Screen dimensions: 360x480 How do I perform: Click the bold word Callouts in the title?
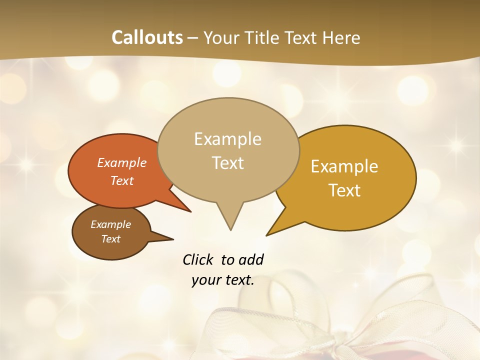pos(147,37)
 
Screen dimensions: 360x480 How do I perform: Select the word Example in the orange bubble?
pos(122,162)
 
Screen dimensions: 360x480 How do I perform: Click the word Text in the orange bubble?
pos(122,180)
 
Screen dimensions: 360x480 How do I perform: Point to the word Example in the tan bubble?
pos(227,139)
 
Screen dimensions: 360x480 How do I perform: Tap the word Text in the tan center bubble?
pos(228,163)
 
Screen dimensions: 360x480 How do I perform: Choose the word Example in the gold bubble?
pos(344,166)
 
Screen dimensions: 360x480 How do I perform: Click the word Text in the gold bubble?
pos(344,190)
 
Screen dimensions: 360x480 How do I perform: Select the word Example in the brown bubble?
pos(110,224)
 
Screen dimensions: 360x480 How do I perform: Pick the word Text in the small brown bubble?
pos(110,239)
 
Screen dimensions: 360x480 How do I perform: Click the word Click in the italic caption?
pos(199,259)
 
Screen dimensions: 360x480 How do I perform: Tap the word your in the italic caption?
pos(205,280)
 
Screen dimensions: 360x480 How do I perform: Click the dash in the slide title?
pos(193,38)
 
